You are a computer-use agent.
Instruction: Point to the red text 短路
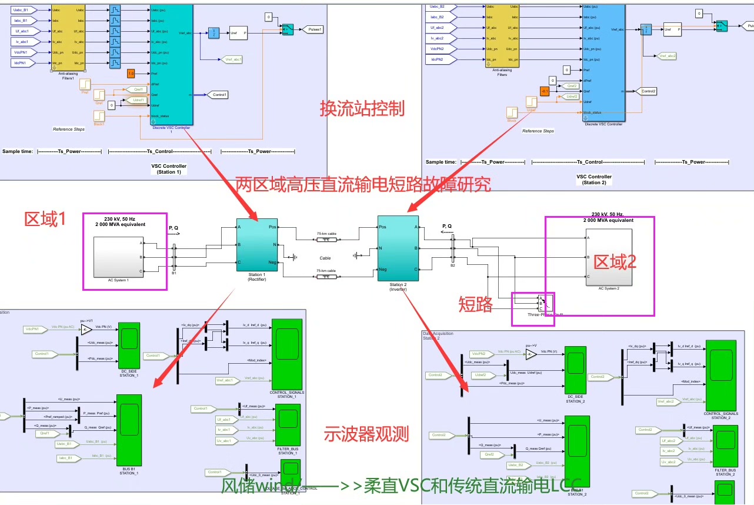[x=475, y=304]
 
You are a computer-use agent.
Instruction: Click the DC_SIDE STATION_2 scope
[x=575, y=370]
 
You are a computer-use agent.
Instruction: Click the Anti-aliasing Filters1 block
[x=69, y=36]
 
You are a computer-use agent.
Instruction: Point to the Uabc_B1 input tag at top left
[x=24, y=10]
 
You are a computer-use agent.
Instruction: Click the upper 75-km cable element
[x=326, y=239]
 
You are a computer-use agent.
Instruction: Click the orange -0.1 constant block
[x=544, y=91]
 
